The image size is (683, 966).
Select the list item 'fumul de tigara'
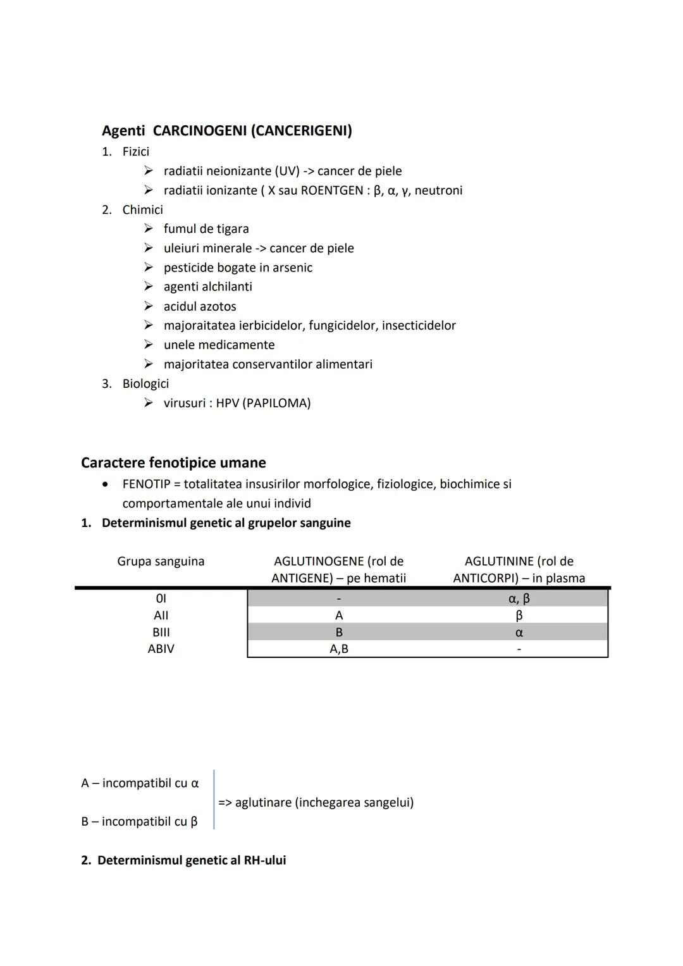coord(206,229)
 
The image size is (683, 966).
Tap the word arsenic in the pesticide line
coord(292,268)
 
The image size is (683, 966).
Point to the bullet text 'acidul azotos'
coord(200,306)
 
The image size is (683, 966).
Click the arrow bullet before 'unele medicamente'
coord(148,345)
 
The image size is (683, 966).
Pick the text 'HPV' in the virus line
coord(227,403)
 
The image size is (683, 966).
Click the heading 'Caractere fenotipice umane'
coord(173,462)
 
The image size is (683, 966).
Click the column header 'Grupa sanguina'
coord(161,561)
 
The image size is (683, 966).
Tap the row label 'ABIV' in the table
coord(161,649)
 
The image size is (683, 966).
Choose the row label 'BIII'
coord(161,632)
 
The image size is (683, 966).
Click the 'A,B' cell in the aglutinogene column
coord(339,649)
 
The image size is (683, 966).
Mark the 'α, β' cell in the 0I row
coord(519,598)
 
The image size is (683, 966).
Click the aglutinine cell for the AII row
coord(519,616)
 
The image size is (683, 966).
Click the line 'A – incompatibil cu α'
coord(140,783)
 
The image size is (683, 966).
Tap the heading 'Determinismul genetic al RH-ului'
coord(191,860)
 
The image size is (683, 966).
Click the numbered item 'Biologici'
coord(145,383)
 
